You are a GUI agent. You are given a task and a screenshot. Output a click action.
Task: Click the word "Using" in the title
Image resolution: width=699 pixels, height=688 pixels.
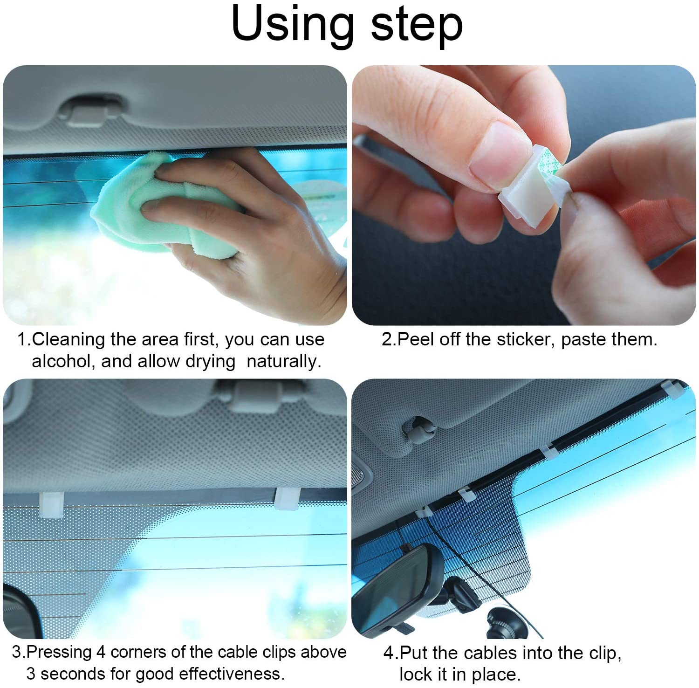coord(292,25)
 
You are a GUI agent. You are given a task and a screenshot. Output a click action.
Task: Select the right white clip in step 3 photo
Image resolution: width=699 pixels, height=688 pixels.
coord(287,499)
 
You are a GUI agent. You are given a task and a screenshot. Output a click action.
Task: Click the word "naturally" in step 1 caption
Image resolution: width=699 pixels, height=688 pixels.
coord(284,362)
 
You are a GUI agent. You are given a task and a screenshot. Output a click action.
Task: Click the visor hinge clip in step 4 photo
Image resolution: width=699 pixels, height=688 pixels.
coord(419,429)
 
